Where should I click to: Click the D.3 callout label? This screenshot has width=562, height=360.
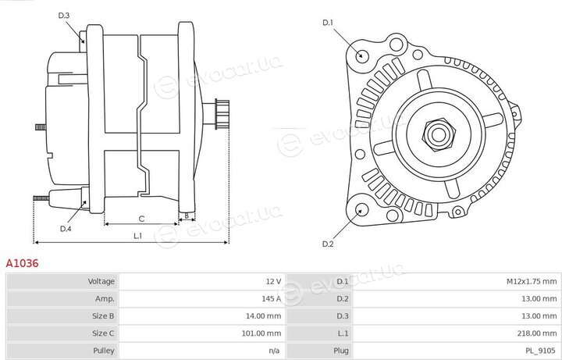(63, 16)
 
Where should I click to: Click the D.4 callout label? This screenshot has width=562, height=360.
(66, 229)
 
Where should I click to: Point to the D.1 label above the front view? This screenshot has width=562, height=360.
(328, 23)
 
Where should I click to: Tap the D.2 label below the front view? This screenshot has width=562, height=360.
(328, 244)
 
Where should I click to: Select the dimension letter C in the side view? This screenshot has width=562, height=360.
(141, 219)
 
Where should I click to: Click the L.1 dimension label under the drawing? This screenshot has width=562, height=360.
(138, 236)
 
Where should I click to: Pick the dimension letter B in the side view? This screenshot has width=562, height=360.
(187, 216)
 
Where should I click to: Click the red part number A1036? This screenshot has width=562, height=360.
(22, 263)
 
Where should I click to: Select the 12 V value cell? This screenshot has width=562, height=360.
(273, 281)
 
